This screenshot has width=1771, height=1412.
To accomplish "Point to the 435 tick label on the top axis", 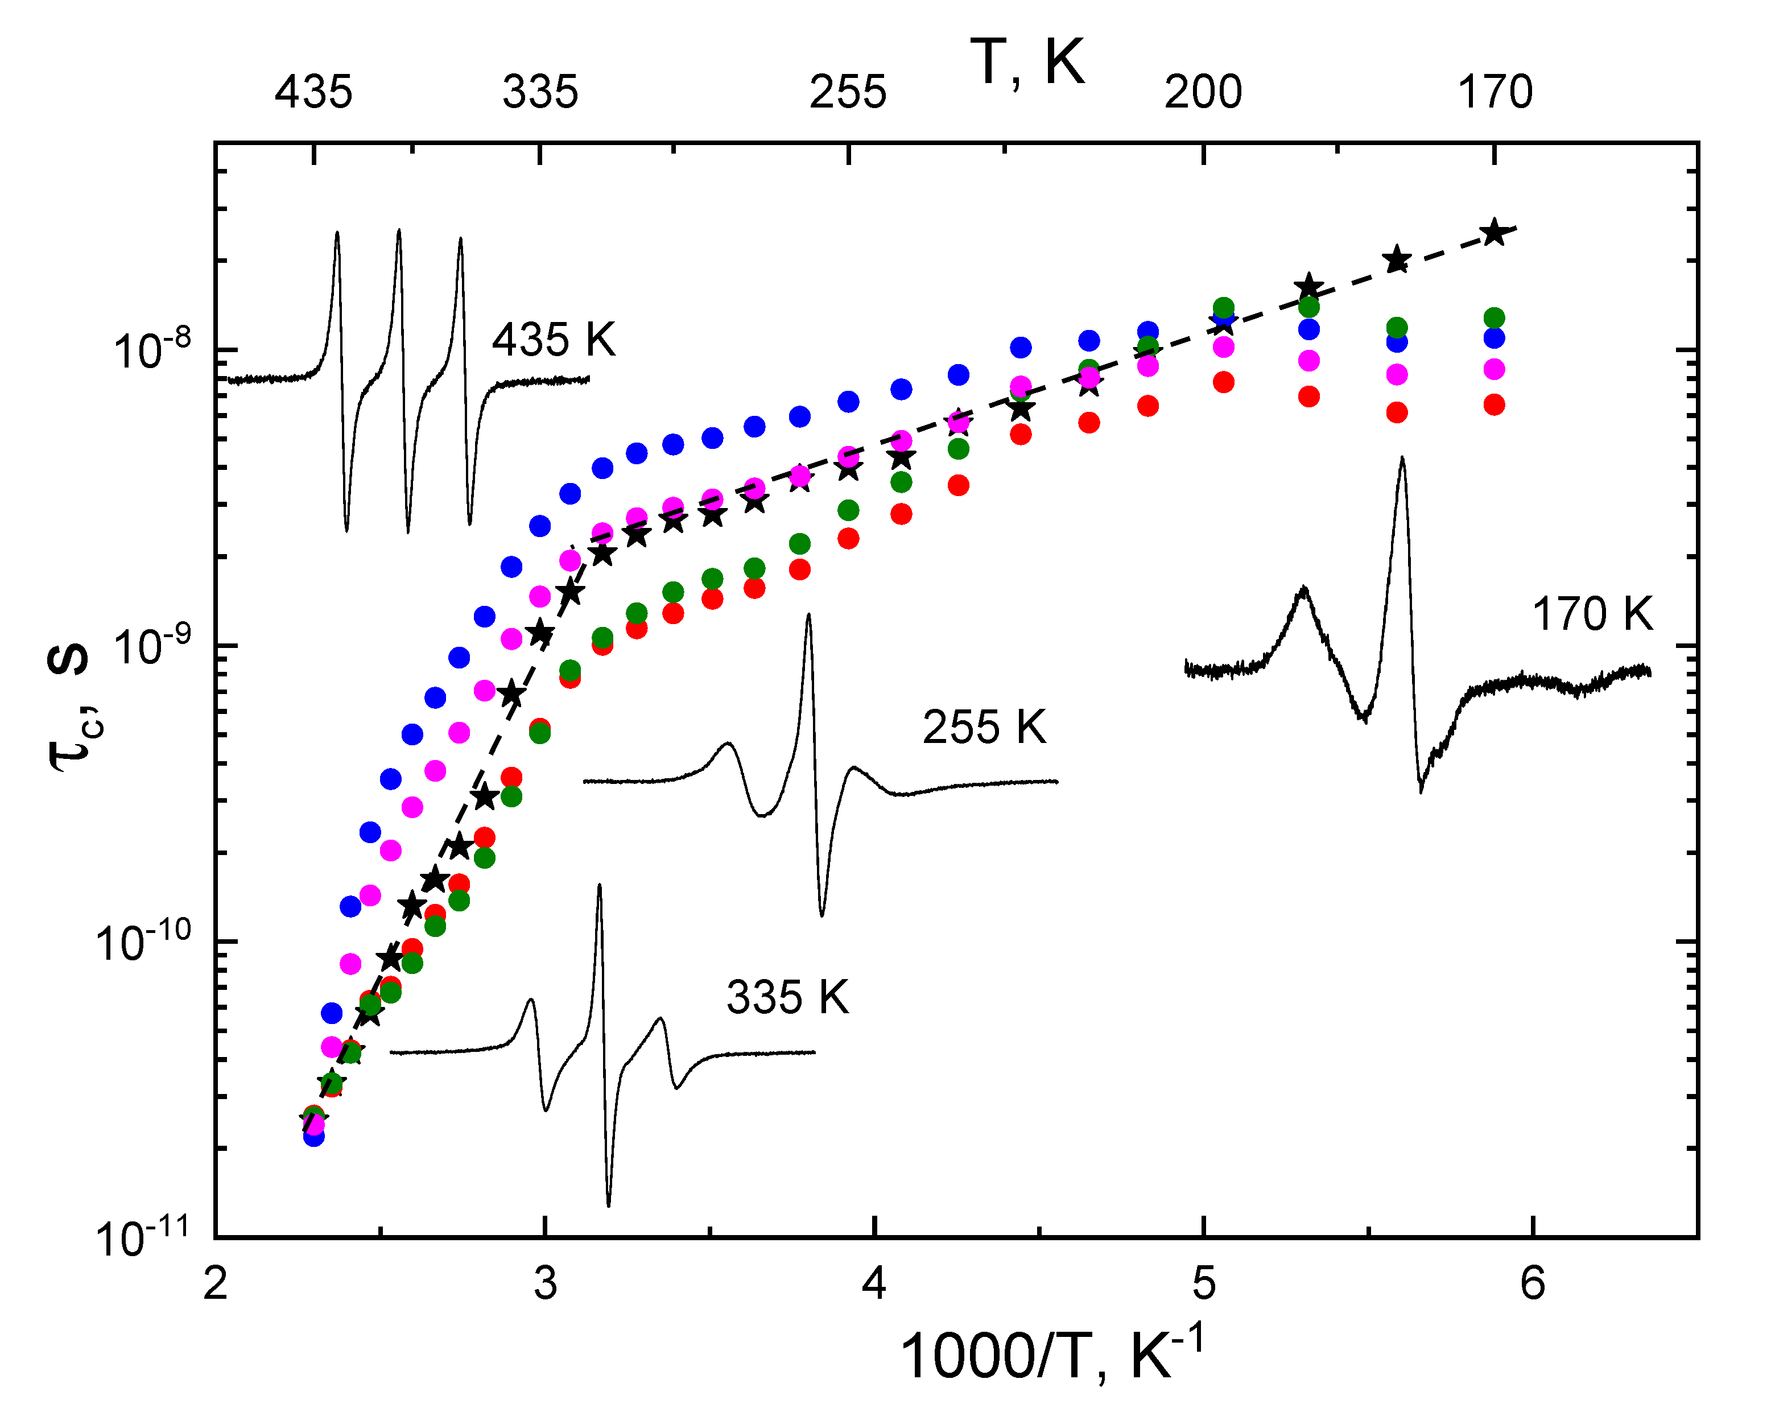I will click(314, 92).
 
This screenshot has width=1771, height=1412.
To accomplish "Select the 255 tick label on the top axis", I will click(848, 92).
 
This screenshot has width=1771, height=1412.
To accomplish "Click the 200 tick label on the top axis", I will click(1203, 92).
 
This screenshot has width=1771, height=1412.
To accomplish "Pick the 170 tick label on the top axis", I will click(1495, 92).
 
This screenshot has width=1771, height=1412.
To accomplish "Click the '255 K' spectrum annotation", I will click(984, 727).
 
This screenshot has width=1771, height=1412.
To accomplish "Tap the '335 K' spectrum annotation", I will click(787, 998).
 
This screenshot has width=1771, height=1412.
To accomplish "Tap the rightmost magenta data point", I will click(1494, 370).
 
